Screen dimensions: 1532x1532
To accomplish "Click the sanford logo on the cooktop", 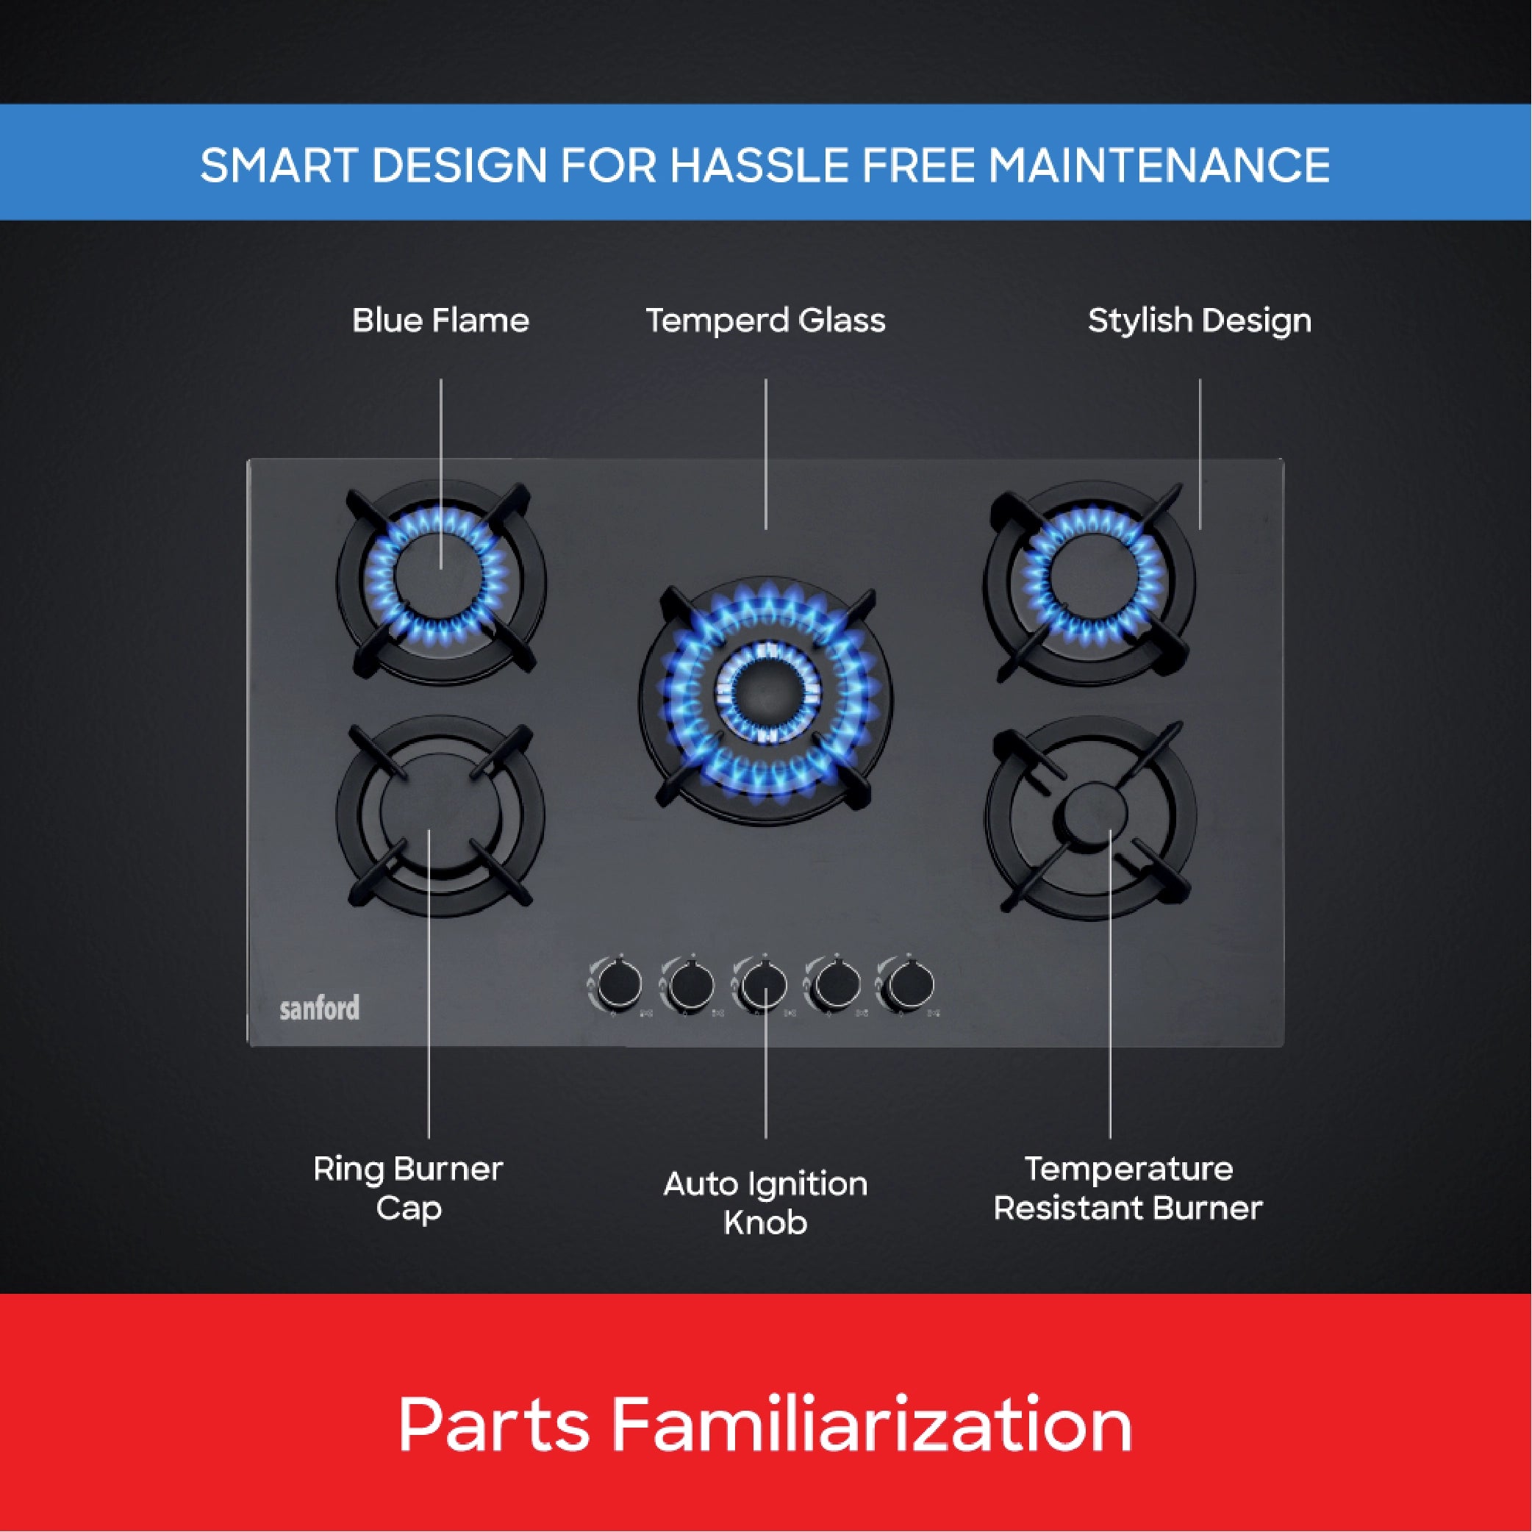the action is (x=320, y=1008).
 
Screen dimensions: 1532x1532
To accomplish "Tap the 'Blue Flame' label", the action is (x=440, y=321).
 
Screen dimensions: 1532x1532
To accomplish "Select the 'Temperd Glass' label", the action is (x=765, y=321).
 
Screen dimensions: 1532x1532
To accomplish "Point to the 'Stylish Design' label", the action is (x=1199, y=321).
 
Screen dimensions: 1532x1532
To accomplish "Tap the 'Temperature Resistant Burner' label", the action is (x=1128, y=1189).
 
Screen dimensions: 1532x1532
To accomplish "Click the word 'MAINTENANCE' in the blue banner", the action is (x=1159, y=165).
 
